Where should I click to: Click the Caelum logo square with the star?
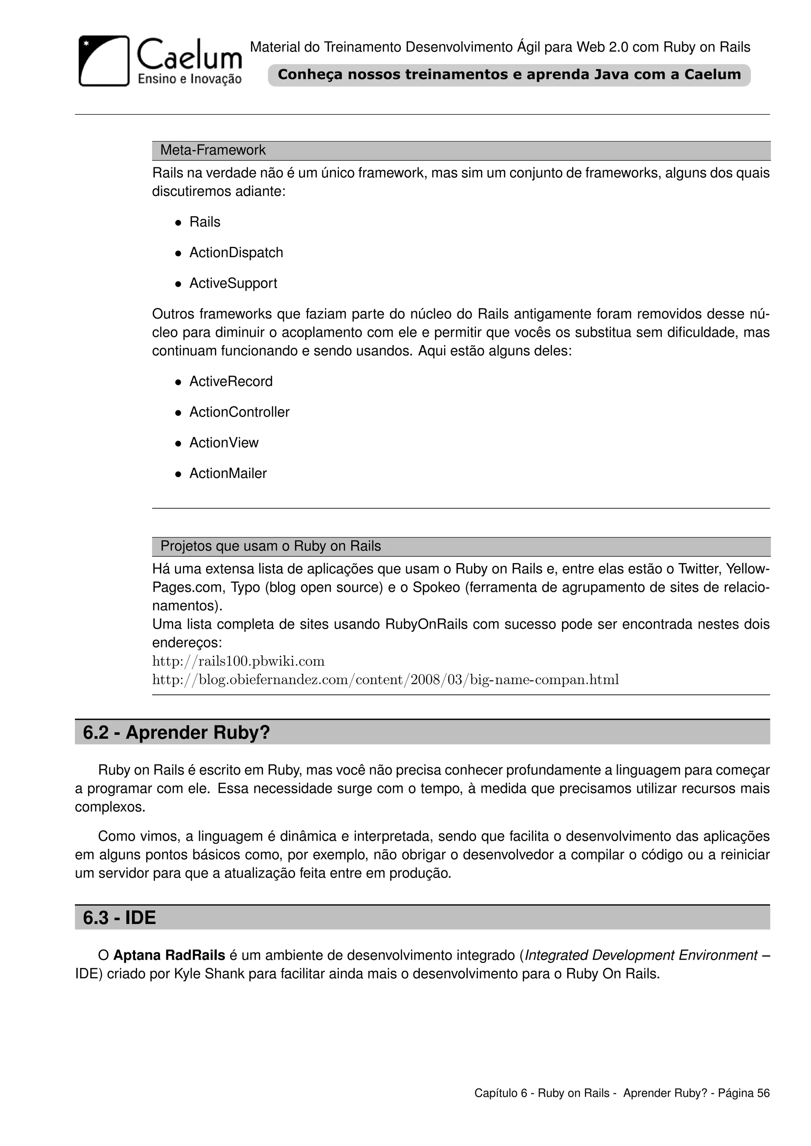click(x=104, y=61)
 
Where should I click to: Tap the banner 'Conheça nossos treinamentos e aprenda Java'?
click(x=508, y=75)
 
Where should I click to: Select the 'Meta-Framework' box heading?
click(x=213, y=150)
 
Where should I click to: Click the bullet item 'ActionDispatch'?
click(x=236, y=252)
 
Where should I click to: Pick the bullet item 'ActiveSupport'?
click(x=233, y=283)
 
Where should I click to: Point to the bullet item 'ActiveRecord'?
click(x=231, y=381)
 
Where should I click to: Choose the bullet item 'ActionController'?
click(x=239, y=412)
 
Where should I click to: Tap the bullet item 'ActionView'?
click(x=224, y=443)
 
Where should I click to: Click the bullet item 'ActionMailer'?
click(x=228, y=473)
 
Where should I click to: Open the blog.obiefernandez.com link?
click(x=385, y=680)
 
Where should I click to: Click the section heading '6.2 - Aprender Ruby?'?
click(x=176, y=732)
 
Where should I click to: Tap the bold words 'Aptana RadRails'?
click(x=169, y=955)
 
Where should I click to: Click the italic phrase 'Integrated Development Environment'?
click(x=641, y=955)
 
